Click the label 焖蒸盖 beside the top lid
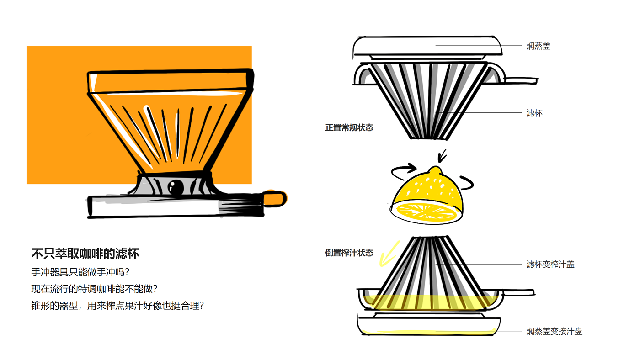coord(538,46)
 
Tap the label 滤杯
coord(534,113)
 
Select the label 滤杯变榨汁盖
coord(550,265)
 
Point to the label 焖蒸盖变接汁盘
coord(554,332)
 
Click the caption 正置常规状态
coord(349,128)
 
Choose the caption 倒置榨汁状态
coord(349,253)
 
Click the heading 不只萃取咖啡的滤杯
coord(85,254)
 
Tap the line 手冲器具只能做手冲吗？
coord(80,272)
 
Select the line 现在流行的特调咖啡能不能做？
coord(94,289)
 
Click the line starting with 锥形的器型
coord(117,306)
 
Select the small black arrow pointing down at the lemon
coord(442,156)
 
